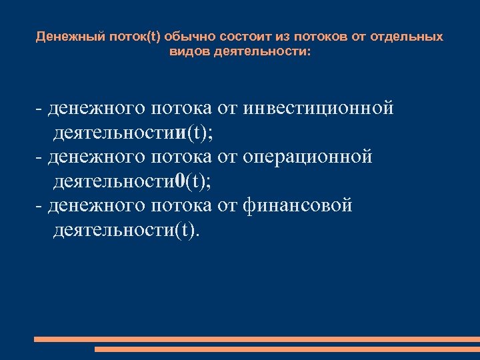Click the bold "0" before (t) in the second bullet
coord(178,181)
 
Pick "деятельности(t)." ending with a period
coord(125,231)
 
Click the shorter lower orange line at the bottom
coord(287,349)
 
